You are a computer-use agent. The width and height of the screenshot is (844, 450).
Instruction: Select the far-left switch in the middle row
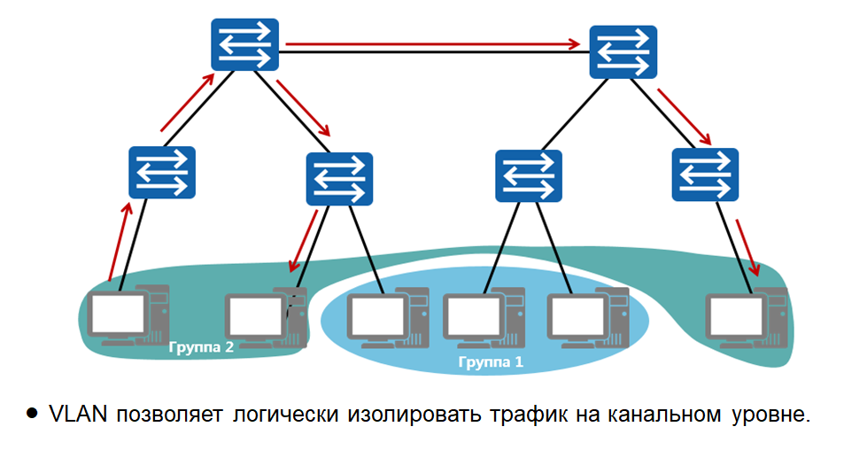(x=161, y=172)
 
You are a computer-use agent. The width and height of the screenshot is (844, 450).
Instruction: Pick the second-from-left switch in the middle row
(x=339, y=179)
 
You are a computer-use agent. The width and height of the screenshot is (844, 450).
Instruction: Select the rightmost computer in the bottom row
(x=747, y=318)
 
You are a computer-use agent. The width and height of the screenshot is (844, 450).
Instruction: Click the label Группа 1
(x=491, y=362)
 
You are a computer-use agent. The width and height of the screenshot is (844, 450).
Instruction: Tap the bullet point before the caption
(x=33, y=414)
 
